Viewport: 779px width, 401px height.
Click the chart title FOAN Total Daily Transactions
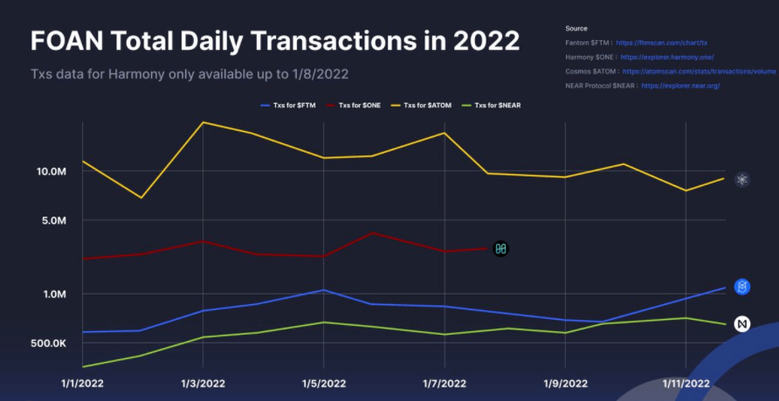275,40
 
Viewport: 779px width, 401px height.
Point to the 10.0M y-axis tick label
50,171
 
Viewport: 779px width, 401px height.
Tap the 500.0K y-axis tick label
48,343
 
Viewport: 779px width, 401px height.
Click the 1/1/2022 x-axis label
82,383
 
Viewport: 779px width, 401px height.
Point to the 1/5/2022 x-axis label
324,383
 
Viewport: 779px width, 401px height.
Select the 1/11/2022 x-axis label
686,383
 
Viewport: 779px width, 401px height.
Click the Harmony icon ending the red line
500,249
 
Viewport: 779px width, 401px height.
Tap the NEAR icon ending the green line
742,324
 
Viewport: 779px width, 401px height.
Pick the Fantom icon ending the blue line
742,287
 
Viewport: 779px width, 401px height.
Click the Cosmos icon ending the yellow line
742,180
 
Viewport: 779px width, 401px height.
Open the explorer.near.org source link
680,86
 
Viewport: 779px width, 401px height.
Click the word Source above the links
576,29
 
